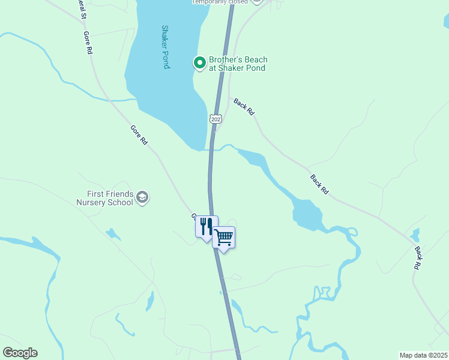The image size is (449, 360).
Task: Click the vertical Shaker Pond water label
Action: [x=166, y=47]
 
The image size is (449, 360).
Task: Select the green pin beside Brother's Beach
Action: [x=199, y=62]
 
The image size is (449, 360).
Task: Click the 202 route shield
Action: [x=216, y=118]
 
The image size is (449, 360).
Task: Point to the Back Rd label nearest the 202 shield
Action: [x=244, y=107]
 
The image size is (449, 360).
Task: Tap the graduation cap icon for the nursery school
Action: [x=142, y=197]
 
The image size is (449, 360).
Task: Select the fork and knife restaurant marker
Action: [x=206, y=227]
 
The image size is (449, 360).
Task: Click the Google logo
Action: [x=20, y=353]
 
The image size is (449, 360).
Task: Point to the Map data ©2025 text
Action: [x=423, y=355]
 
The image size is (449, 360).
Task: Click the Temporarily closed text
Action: [x=220, y=2]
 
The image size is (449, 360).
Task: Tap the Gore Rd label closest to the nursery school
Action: [x=139, y=135]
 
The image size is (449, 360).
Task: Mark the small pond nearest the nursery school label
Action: [x=112, y=233]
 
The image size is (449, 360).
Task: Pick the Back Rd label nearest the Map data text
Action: [x=418, y=256]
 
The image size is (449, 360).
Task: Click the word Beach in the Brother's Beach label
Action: [x=254, y=60]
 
